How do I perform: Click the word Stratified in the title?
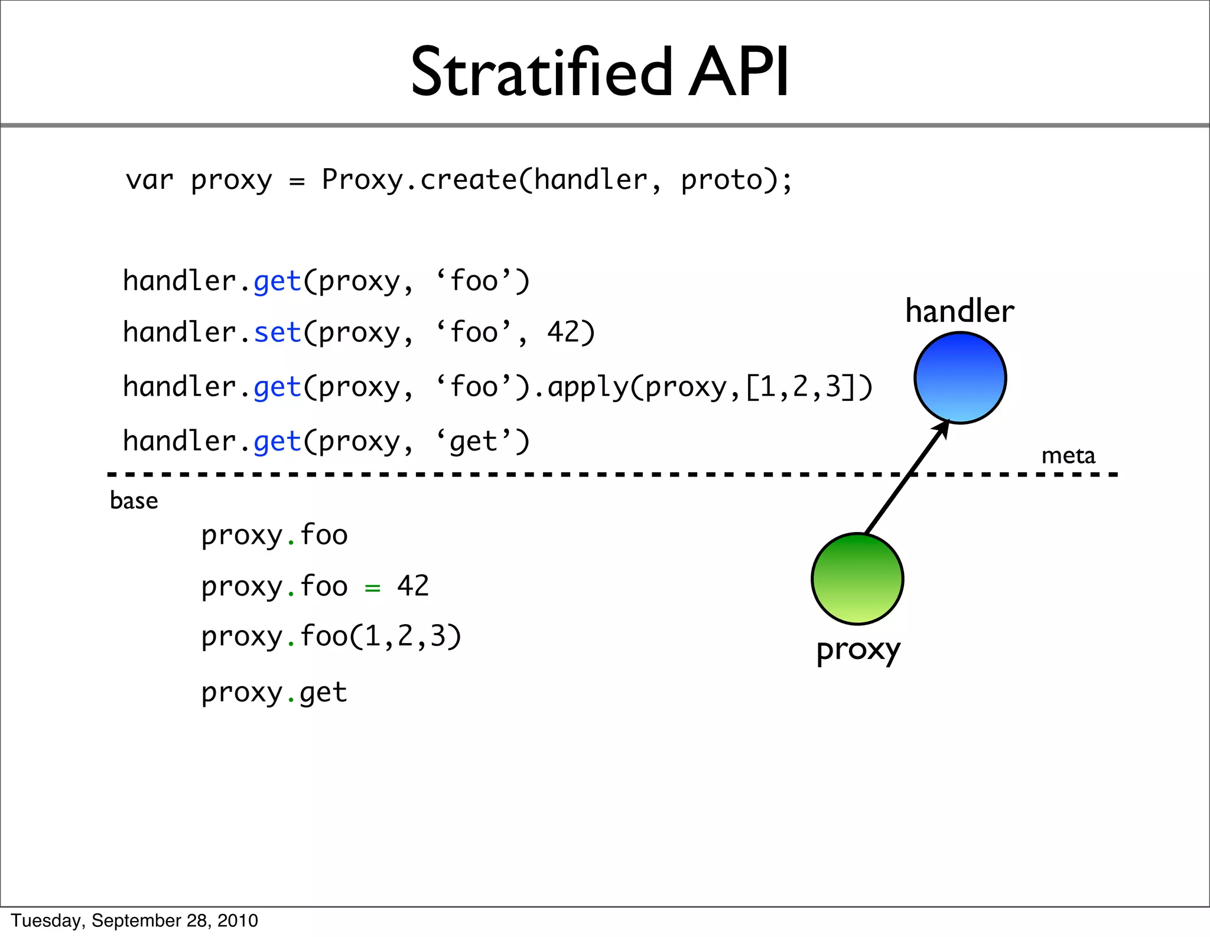click(541, 73)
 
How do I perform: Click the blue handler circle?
click(959, 378)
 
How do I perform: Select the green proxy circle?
click(857, 579)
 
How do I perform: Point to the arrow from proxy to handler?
click(907, 478)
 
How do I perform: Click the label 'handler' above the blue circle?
click(959, 311)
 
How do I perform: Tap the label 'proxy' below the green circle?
click(858, 651)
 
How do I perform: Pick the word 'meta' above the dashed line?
click(1068, 456)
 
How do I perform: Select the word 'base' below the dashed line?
click(134, 501)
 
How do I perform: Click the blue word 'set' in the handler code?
click(278, 332)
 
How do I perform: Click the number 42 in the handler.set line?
click(562, 332)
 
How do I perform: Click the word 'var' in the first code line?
click(149, 180)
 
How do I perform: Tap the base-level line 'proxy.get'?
click(274, 693)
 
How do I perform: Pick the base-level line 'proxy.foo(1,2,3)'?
click(331, 638)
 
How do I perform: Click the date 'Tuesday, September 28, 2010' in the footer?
click(135, 920)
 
